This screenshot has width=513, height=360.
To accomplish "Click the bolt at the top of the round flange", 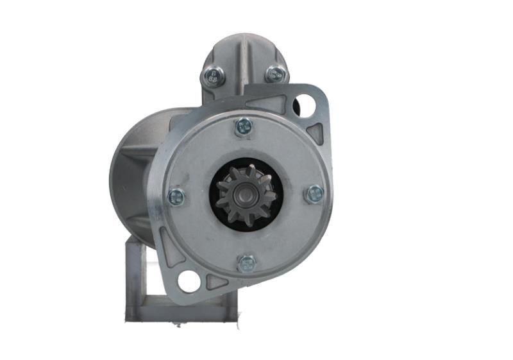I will [x=244, y=126].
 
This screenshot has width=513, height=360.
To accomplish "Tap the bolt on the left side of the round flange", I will [x=176, y=197].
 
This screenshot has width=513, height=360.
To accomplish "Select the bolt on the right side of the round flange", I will [x=314, y=194].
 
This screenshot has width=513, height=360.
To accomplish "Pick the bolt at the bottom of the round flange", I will [x=247, y=263].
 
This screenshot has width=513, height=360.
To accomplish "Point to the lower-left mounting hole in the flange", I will [x=189, y=281].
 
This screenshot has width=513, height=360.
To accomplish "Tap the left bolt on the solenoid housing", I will [x=214, y=77].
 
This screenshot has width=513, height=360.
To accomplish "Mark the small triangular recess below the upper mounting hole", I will [x=315, y=133].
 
